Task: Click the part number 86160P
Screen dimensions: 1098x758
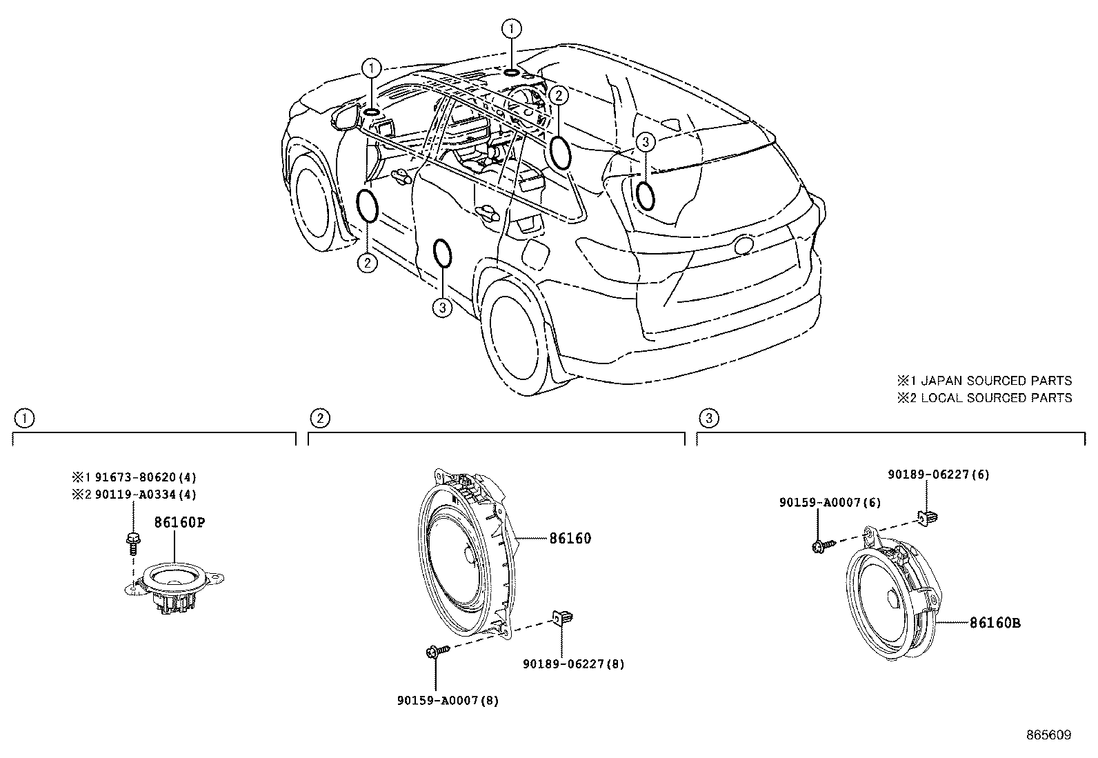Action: tap(179, 522)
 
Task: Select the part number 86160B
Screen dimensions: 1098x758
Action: tap(995, 623)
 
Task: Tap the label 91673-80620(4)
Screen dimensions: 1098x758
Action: tap(146, 477)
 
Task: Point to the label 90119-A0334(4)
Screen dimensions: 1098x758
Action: tap(146, 495)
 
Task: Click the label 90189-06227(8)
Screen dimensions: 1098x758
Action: tap(574, 664)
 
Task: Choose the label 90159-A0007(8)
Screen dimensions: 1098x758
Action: tap(448, 701)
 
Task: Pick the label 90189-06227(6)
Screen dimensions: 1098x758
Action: tap(939, 474)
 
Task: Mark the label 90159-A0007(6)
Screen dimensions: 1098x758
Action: tap(830, 503)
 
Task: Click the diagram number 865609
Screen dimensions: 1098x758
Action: tap(1049, 735)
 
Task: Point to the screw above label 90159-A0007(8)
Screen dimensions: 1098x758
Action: tap(437, 651)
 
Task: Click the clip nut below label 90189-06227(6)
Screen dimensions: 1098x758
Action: tap(927, 517)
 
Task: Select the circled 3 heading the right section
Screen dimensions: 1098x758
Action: tap(709, 418)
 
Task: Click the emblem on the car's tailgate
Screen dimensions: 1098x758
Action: tap(744, 245)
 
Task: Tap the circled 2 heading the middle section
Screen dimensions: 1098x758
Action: tap(320, 418)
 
